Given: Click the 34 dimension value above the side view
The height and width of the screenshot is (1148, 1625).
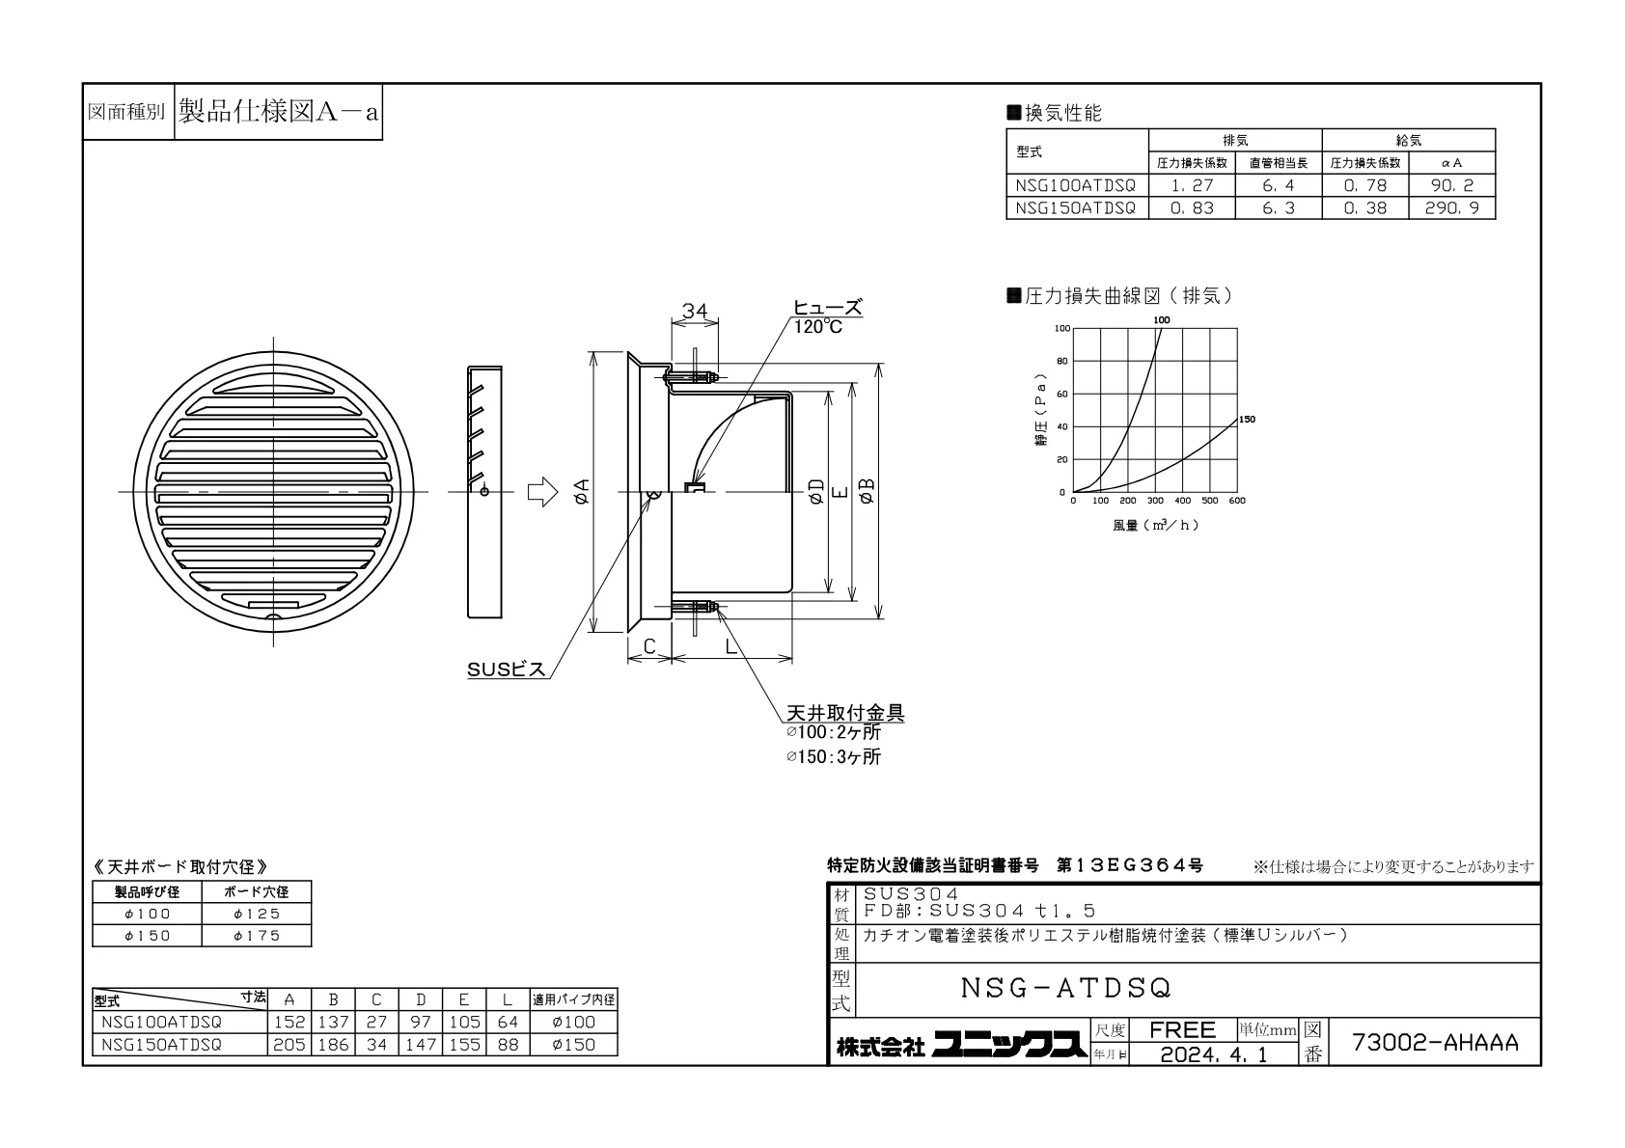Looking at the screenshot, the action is click(x=694, y=311).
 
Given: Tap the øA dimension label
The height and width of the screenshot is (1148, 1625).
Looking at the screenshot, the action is click(x=581, y=491).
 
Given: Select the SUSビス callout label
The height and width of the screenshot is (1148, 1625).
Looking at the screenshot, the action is click(x=506, y=670).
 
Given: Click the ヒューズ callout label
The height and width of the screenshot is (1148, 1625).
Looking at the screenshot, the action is click(x=827, y=308).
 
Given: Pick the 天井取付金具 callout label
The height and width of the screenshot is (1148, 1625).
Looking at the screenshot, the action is click(x=845, y=713).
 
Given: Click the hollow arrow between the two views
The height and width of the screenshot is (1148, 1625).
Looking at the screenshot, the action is click(x=542, y=492).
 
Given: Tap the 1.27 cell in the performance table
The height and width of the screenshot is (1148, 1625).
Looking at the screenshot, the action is click(x=1192, y=185).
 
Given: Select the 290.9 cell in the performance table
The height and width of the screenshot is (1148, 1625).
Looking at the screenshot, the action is click(x=1451, y=208).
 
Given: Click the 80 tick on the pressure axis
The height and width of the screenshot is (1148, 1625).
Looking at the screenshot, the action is click(x=1062, y=361).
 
